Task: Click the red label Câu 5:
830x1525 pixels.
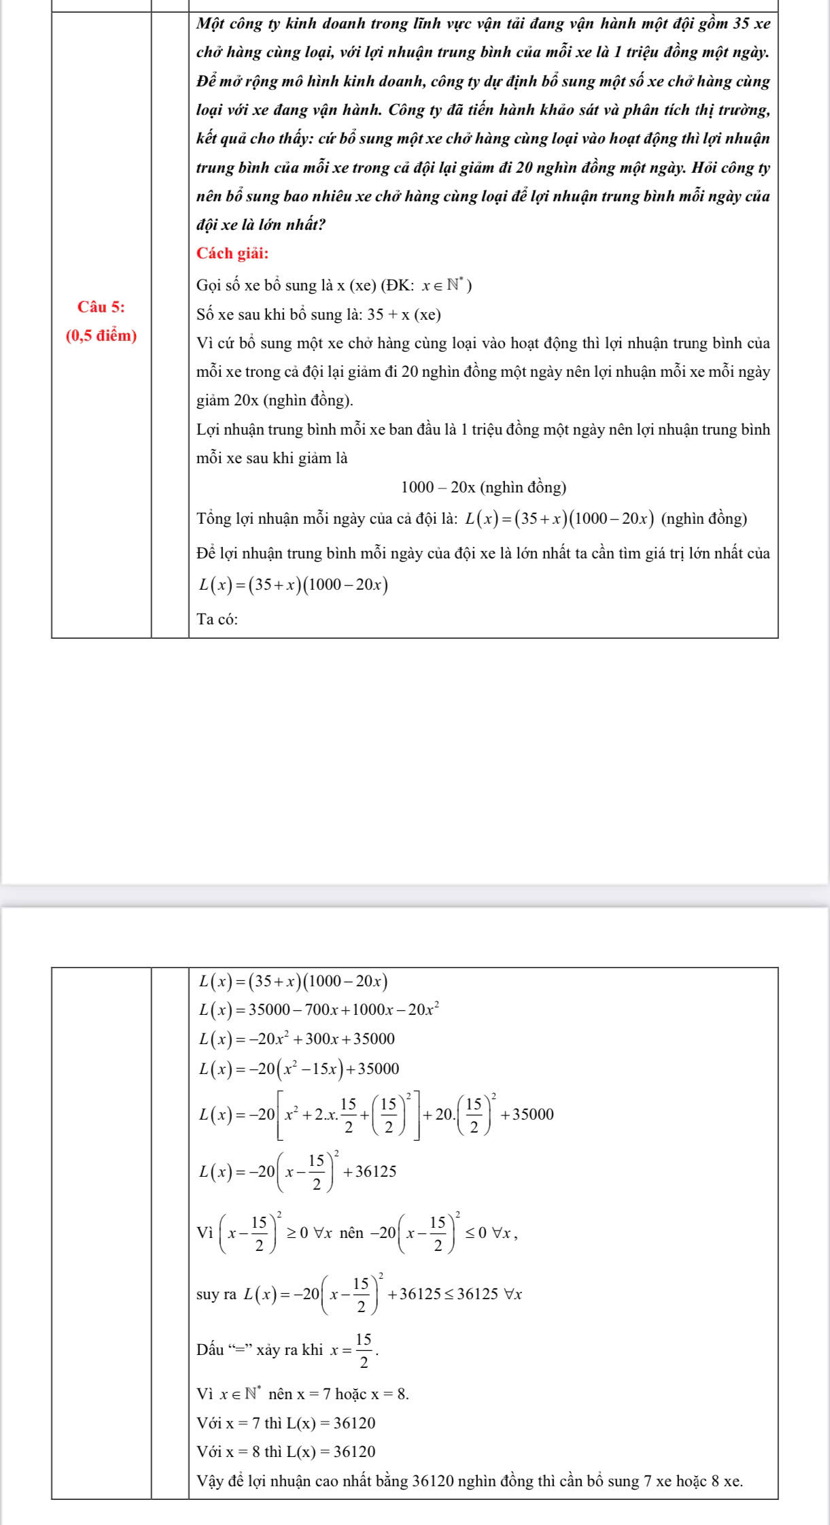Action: click(101, 307)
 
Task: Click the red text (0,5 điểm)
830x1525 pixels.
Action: click(101, 335)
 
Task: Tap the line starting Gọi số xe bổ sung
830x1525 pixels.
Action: click(334, 286)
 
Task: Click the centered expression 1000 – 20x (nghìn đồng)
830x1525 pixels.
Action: click(483, 487)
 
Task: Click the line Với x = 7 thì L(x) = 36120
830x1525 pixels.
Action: click(286, 1423)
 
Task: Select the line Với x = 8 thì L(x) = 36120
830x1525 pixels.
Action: click(286, 1452)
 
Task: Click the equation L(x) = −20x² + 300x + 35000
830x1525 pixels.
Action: click(296, 1039)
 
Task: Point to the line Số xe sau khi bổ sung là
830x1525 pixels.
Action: click(318, 315)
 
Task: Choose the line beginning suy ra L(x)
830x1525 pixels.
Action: click(359, 1294)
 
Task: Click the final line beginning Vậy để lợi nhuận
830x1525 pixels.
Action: click(469, 1481)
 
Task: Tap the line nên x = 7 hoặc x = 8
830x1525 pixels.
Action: click(303, 1394)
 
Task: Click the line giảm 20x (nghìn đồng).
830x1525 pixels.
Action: click(275, 401)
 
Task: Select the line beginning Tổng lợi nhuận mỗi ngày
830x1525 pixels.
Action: click(471, 519)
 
